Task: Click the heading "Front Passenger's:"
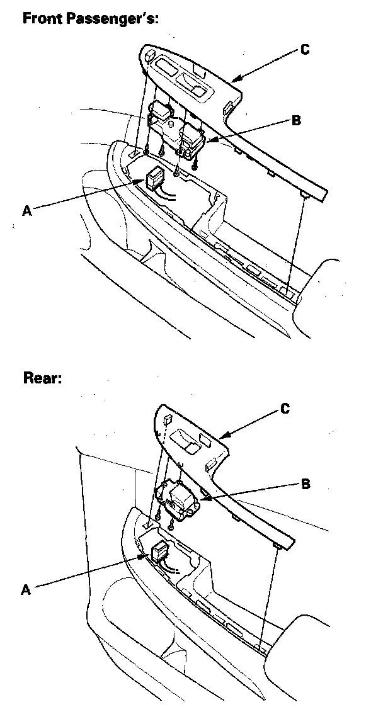click(90, 18)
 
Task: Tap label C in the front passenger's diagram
click(304, 50)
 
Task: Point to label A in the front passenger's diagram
click(26, 212)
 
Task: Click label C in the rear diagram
click(285, 409)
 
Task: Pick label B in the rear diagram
click(305, 484)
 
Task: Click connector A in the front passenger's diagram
click(155, 179)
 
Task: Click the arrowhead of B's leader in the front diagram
click(205, 144)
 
